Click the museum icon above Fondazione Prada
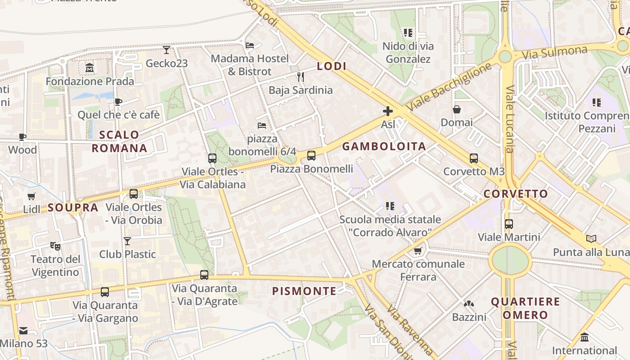[x=90, y=68]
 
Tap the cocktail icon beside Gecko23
[x=166, y=49]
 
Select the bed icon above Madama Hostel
[x=250, y=45]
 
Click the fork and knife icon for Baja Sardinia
[x=301, y=77]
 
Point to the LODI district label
[x=332, y=66]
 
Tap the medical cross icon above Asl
[x=387, y=111]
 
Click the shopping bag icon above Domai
[x=457, y=109]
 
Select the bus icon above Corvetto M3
[x=473, y=158]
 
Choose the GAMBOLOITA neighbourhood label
[x=384, y=146]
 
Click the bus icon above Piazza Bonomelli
[x=311, y=156]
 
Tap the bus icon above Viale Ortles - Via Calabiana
[x=212, y=158]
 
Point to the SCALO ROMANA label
[x=119, y=141]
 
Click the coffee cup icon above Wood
[x=22, y=137]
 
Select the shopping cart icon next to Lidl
[x=31, y=196]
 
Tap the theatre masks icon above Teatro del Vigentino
[x=55, y=246]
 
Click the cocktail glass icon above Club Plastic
[x=127, y=241]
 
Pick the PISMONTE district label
[x=304, y=291]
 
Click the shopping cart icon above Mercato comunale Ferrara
[x=418, y=251]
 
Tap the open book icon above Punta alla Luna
[x=591, y=238]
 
